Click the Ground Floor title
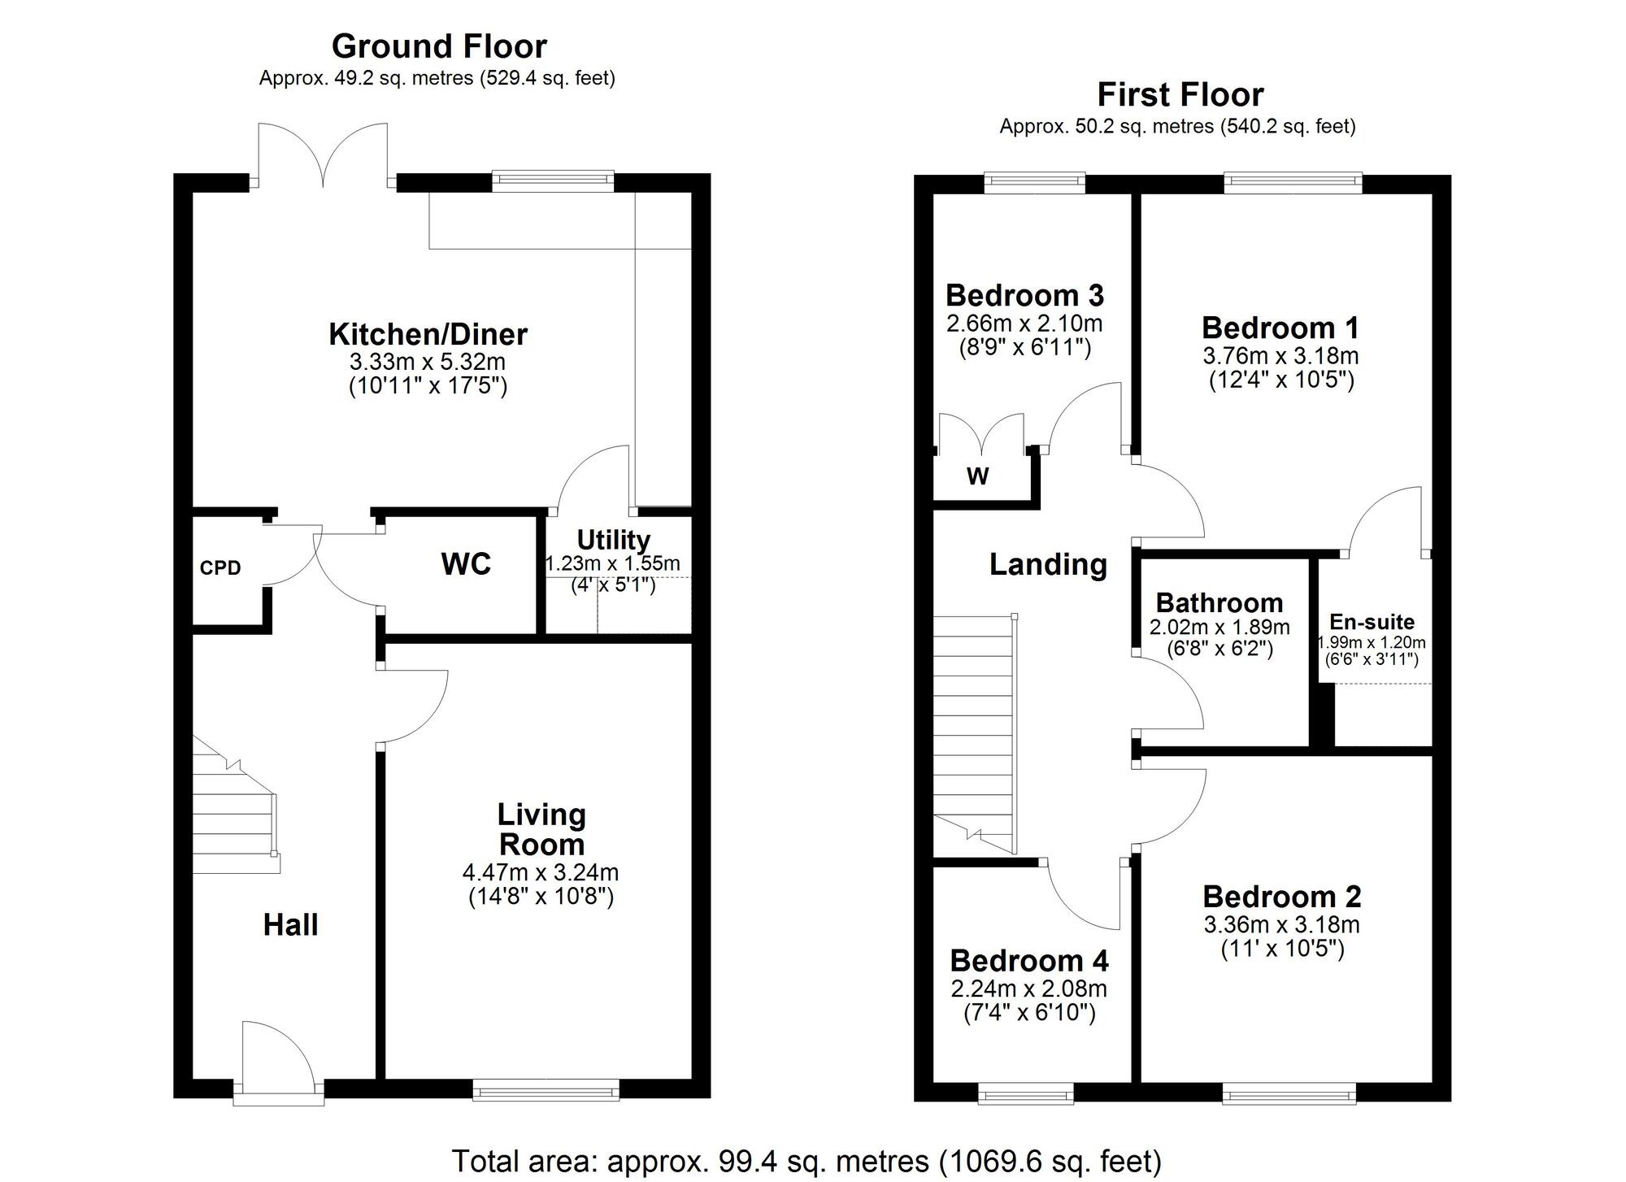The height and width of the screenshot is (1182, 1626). (439, 46)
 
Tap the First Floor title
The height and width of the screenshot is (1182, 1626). (1180, 95)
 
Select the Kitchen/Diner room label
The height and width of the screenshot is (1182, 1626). (428, 334)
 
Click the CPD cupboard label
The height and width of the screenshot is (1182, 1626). (220, 568)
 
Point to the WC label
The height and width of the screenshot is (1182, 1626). (466, 563)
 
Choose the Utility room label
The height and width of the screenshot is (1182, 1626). (613, 540)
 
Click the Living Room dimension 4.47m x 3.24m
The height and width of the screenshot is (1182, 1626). (541, 873)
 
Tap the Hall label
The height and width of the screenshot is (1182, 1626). (290, 924)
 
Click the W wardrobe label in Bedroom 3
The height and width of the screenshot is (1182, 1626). (977, 476)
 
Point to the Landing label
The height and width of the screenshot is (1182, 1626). (1048, 564)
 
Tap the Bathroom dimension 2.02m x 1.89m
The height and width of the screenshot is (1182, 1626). (1219, 628)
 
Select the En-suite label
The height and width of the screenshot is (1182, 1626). (1372, 622)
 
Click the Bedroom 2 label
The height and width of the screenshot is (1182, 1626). (1281, 897)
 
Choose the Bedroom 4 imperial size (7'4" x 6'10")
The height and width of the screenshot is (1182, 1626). (1029, 1013)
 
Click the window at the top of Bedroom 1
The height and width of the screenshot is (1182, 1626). (1292, 182)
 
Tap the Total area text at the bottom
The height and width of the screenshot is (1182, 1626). (806, 1161)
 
